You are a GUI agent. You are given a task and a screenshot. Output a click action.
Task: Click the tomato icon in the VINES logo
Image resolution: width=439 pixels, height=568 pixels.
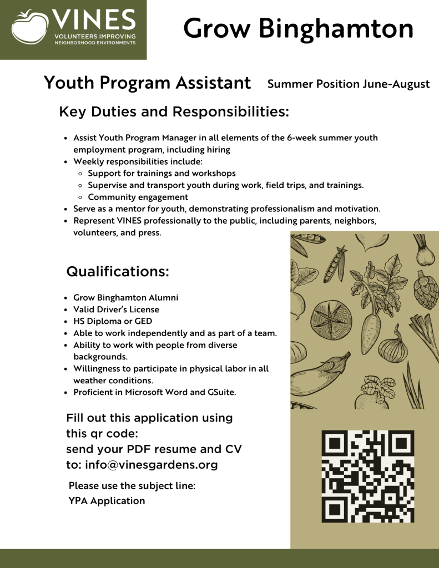[29, 27]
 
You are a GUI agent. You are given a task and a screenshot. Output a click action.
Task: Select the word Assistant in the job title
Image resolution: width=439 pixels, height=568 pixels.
[213, 83]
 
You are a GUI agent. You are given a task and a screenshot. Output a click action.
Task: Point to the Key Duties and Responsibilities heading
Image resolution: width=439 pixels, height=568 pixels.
[174, 111]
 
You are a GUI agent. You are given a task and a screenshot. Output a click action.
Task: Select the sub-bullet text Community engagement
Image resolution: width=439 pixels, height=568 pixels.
[138, 197]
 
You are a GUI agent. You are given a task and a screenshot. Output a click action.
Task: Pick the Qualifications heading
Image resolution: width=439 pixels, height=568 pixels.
[117, 272]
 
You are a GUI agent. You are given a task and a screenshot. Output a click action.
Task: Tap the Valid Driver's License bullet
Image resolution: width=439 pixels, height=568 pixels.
[116, 310]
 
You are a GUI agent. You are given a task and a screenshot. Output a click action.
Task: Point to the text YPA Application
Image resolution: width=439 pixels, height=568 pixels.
[107, 501]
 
